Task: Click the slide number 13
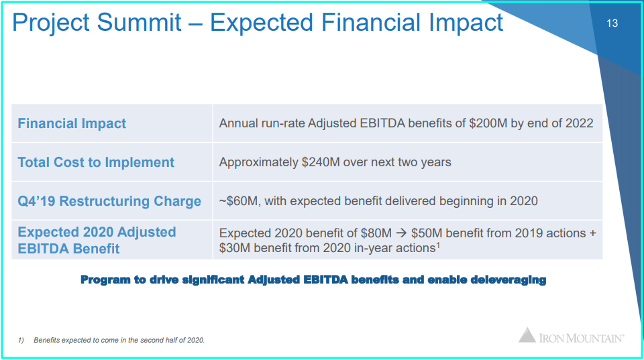click(x=612, y=23)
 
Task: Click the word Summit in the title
click(x=140, y=22)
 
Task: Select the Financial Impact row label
click(x=72, y=123)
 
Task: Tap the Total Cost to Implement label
click(x=96, y=162)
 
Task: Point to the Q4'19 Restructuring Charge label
click(x=109, y=201)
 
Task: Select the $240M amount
click(x=321, y=162)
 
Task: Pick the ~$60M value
click(x=240, y=201)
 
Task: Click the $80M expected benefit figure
click(x=376, y=233)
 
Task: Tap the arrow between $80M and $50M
click(x=401, y=233)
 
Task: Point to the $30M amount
click(x=235, y=248)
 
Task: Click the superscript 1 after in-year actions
click(x=438, y=245)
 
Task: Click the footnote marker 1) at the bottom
click(x=21, y=341)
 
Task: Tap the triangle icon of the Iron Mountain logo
click(x=527, y=335)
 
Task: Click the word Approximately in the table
click(x=259, y=162)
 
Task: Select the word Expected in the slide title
click(x=262, y=23)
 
